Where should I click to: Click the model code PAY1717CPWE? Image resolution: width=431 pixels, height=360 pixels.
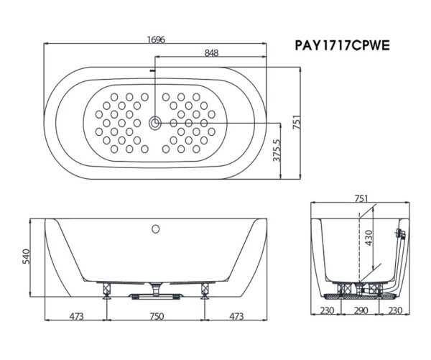(342, 45)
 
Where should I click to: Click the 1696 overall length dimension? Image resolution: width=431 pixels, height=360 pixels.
(156, 40)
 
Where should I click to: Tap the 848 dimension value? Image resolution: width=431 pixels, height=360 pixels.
(211, 53)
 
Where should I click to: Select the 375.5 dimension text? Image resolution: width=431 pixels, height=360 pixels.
(277, 150)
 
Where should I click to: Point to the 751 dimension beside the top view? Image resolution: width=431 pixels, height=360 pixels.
(297, 123)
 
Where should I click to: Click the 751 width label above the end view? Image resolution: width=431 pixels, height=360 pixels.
(361, 198)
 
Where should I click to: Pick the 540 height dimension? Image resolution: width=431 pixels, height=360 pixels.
(26, 257)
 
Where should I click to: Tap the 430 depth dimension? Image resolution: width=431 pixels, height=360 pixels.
(369, 238)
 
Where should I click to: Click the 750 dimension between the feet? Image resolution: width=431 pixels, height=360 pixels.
(157, 317)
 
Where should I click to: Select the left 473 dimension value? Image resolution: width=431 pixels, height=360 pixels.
(76, 317)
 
